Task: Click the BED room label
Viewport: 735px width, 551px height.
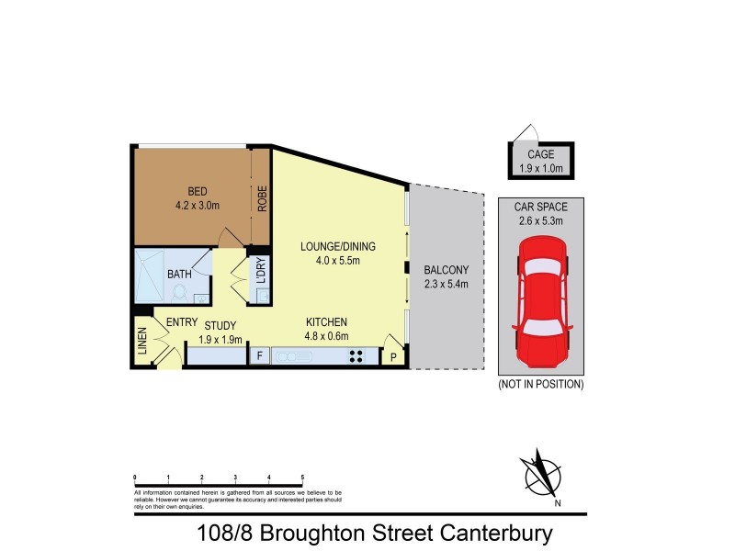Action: (198, 191)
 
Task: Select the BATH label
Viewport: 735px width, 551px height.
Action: (179, 274)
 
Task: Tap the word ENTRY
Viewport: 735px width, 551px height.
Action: (182, 322)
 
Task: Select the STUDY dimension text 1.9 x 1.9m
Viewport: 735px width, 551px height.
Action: (220, 339)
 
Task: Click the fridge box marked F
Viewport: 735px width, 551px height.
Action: (259, 355)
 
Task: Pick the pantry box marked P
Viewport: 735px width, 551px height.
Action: (393, 356)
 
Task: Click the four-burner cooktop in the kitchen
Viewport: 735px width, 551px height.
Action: (356, 355)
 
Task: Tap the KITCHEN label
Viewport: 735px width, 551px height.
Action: (326, 322)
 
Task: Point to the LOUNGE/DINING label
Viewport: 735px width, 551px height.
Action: (338, 247)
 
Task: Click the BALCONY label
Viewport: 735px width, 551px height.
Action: (447, 270)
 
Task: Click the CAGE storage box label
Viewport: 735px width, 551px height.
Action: (540, 155)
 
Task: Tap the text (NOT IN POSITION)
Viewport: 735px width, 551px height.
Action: (540, 384)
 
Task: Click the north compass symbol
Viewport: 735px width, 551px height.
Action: (541, 476)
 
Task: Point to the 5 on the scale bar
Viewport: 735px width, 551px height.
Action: (302, 478)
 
